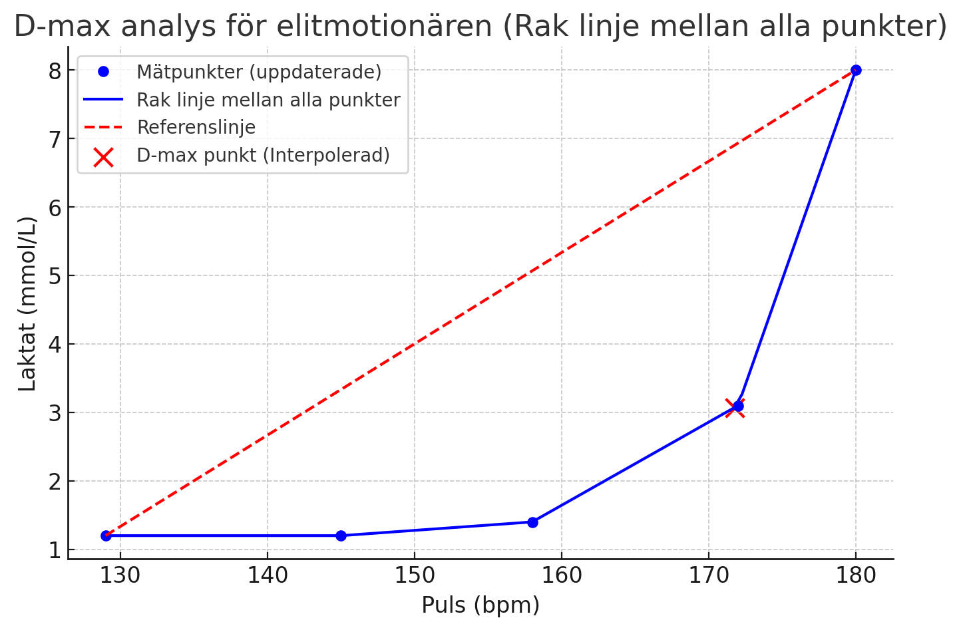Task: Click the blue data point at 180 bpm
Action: tap(856, 70)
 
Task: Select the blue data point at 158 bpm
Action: tap(532, 522)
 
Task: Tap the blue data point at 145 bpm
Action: tap(341, 536)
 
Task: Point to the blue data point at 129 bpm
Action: tap(106, 536)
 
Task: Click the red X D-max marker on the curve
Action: tap(735, 407)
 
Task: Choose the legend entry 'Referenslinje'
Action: tap(196, 127)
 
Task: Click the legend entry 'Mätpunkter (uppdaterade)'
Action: tap(259, 72)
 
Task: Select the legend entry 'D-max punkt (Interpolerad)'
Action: tap(263, 156)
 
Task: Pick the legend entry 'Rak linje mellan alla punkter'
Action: tap(268, 100)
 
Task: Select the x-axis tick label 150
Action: tap(415, 575)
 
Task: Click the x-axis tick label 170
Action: tap(709, 575)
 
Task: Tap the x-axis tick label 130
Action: tap(120, 575)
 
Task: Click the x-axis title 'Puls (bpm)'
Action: tap(480, 605)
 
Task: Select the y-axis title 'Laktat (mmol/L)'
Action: tap(27, 303)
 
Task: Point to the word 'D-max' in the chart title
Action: tap(59, 27)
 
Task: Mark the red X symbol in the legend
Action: tap(103, 156)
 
